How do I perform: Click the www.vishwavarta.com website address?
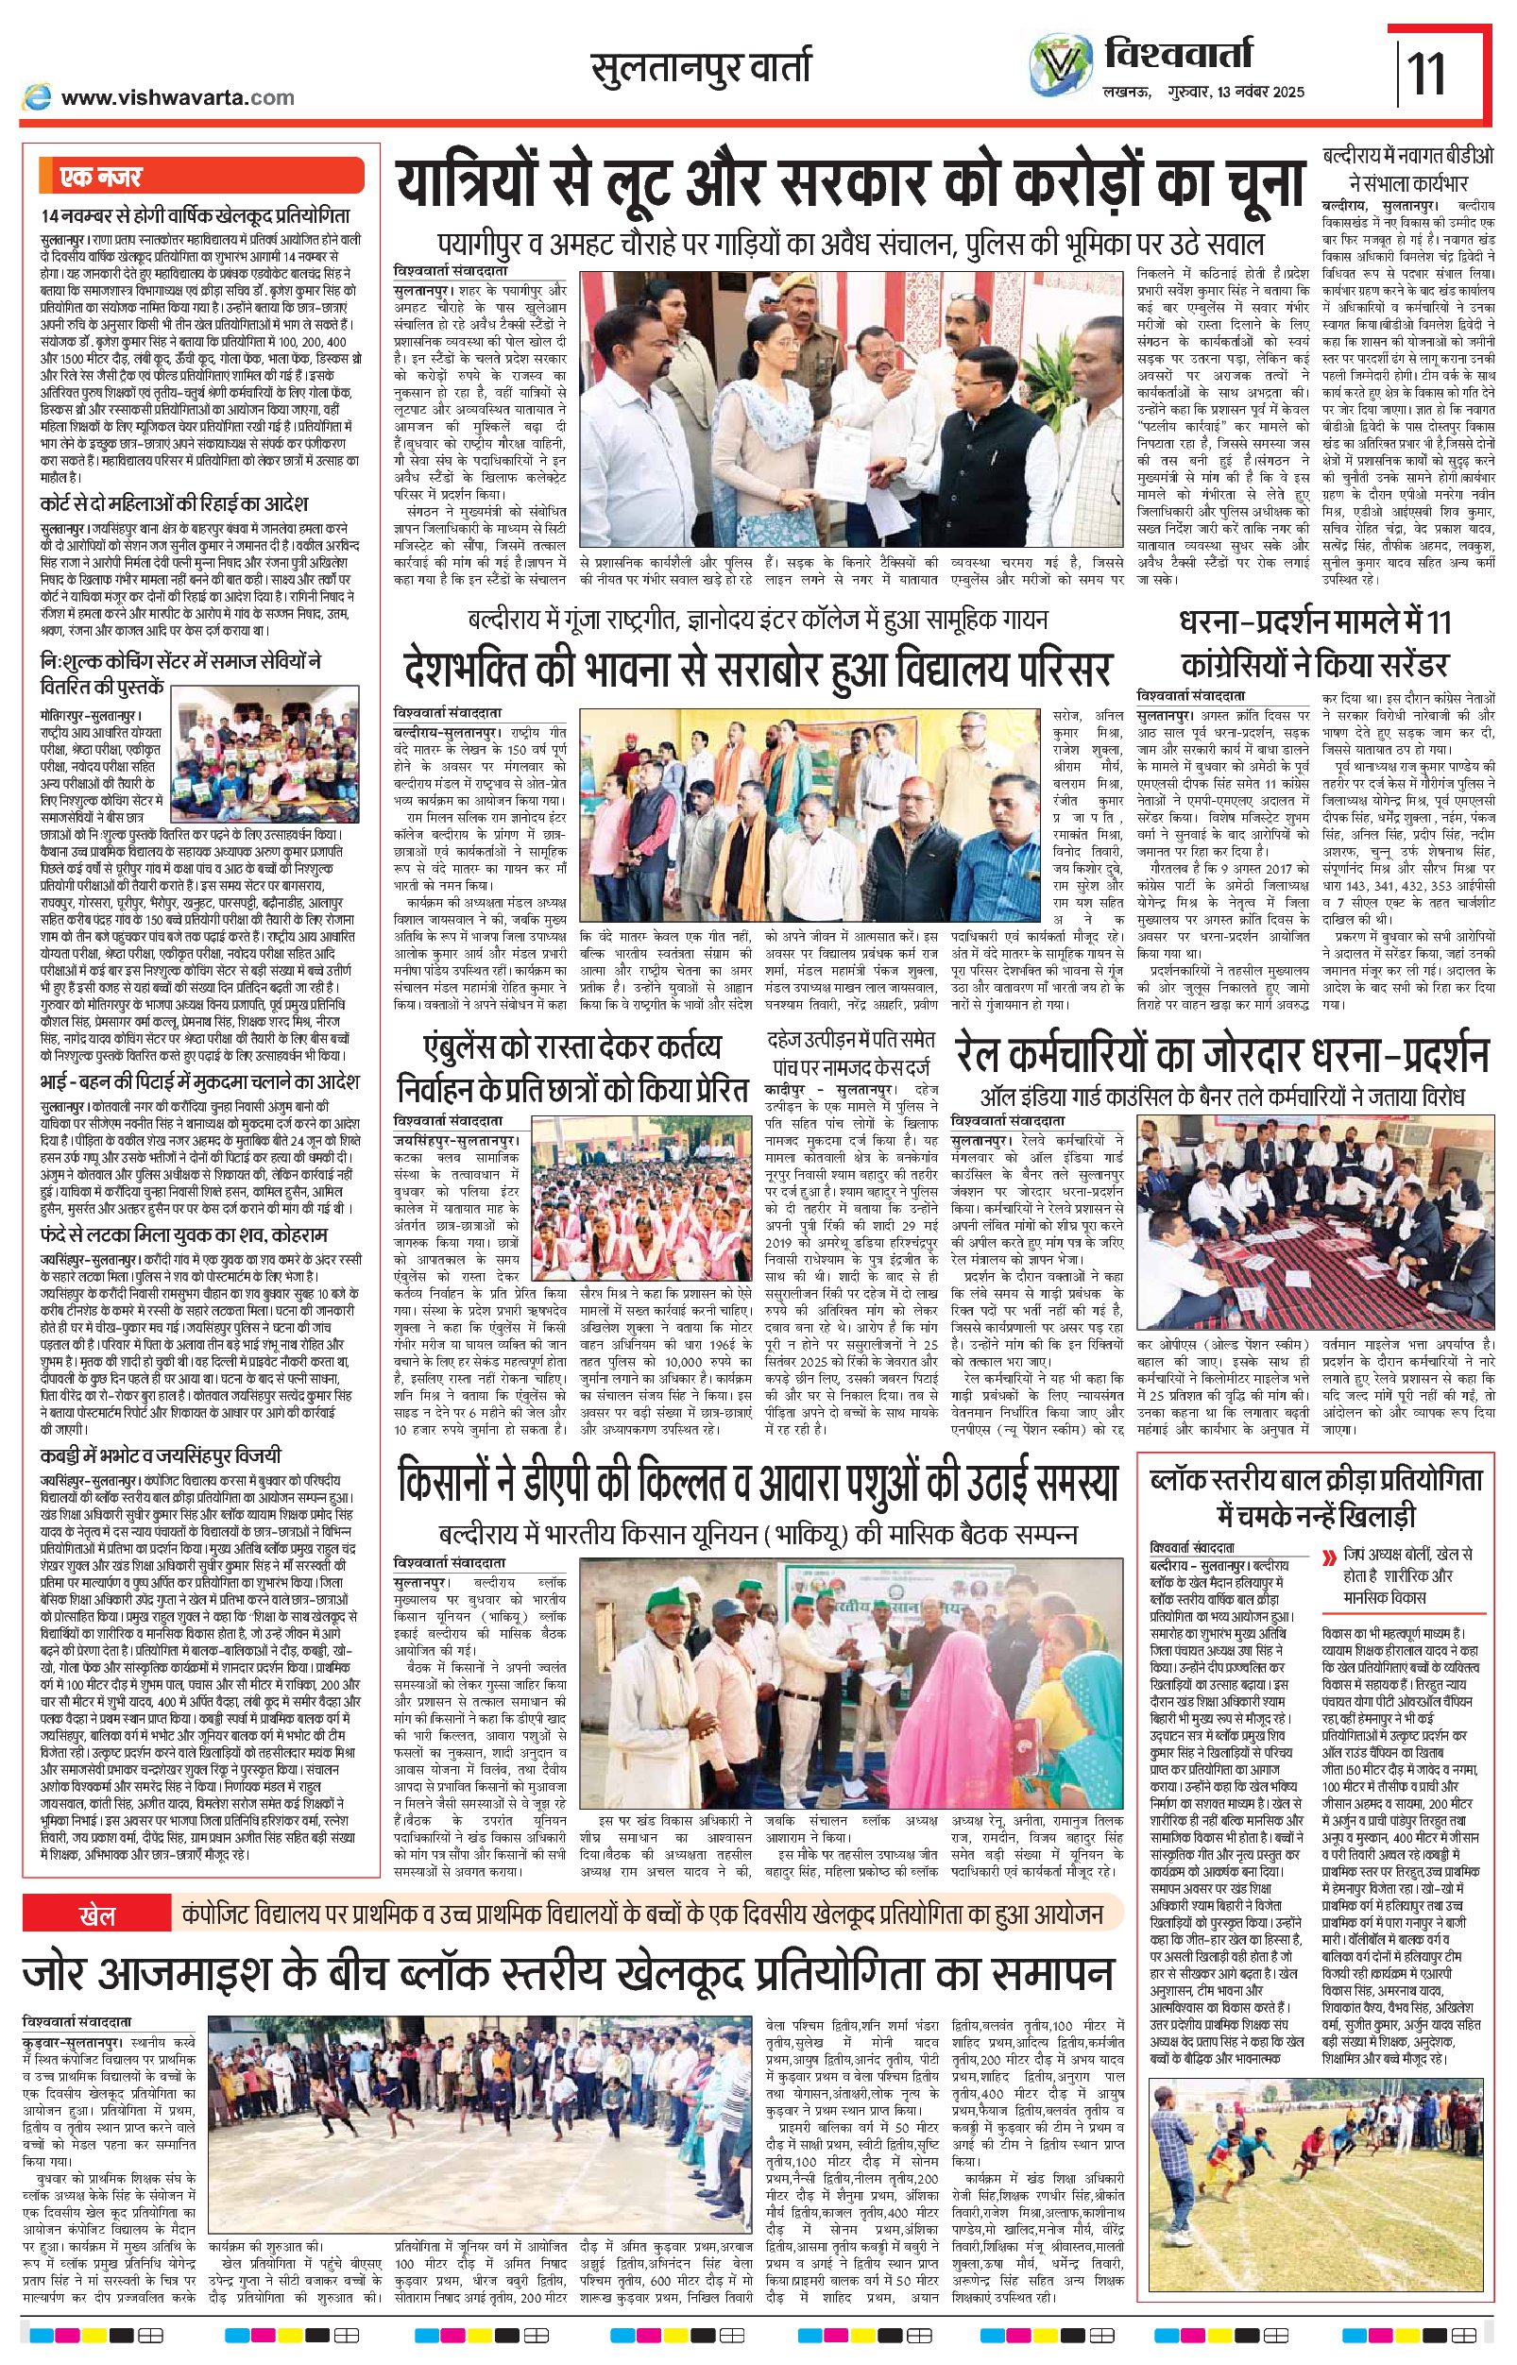pos(178,97)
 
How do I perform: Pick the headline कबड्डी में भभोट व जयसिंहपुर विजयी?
pos(161,1454)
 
